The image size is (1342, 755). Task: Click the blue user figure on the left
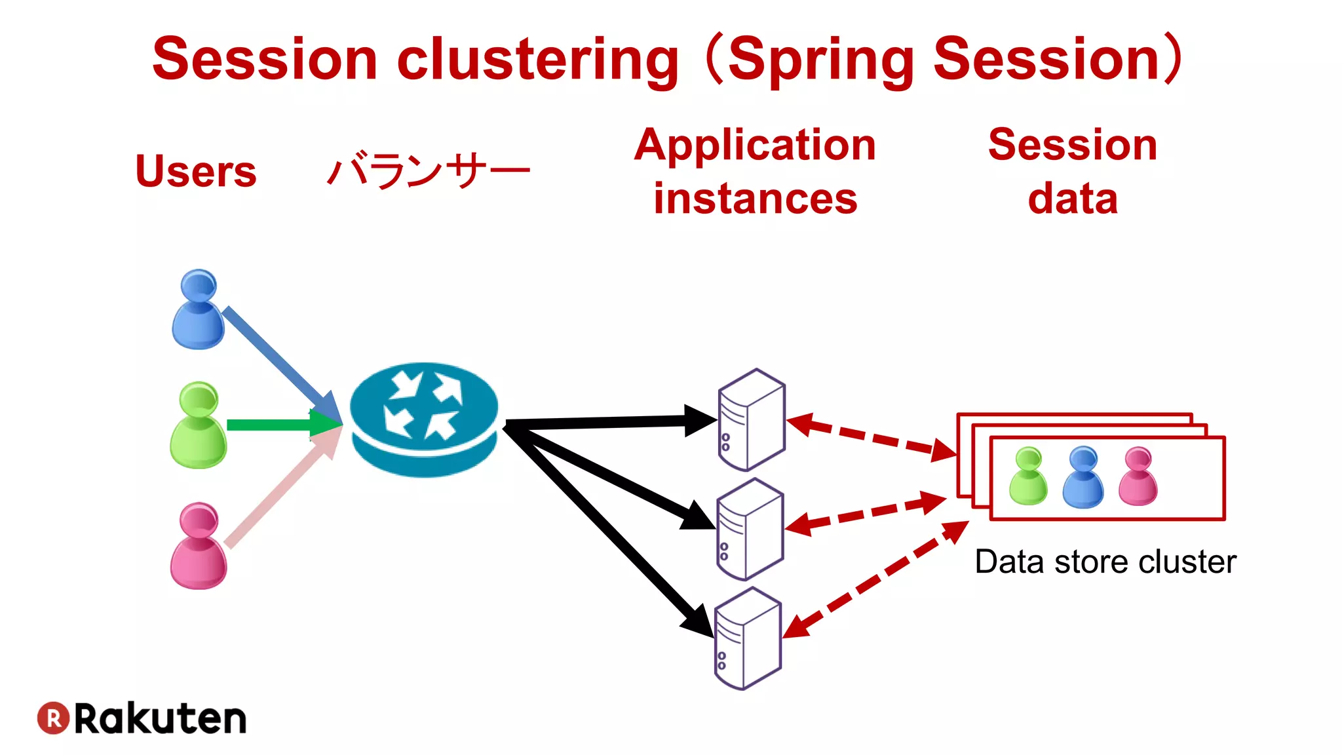tap(198, 310)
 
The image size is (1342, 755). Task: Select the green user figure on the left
tap(198, 426)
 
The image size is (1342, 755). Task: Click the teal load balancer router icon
tap(425, 419)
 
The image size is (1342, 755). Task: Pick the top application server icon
tap(752, 420)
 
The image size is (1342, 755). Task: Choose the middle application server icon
tap(750, 530)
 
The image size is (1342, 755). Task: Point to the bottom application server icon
tap(748, 638)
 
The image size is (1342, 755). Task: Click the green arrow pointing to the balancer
tap(275, 425)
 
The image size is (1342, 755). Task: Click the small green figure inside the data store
tap(1028, 476)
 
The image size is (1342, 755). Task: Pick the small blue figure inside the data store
tap(1083, 478)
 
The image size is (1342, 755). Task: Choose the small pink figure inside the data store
tap(1138, 476)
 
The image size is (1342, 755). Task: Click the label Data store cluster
tap(1105, 562)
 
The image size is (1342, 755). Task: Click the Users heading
tap(195, 171)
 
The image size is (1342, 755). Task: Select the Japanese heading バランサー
tap(428, 171)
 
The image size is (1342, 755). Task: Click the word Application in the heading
tap(755, 145)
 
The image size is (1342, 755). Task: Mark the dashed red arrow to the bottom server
tap(875, 579)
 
